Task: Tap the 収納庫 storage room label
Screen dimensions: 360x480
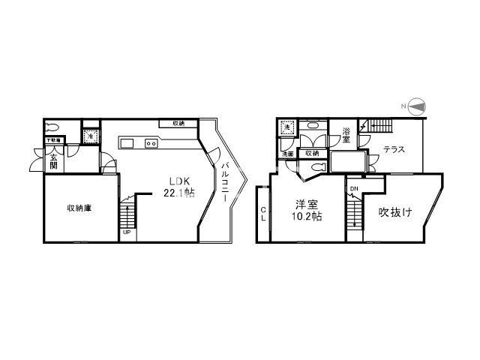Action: click(79, 208)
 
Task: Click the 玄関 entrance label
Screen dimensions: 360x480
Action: click(54, 161)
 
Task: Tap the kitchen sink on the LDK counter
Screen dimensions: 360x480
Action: click(125, 142)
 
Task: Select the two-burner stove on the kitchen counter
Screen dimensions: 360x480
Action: click(150, 142)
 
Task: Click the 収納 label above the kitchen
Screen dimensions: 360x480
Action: click(178, 123)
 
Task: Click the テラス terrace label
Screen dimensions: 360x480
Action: click(394, 149)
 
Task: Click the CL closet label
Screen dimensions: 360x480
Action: click(263, 214)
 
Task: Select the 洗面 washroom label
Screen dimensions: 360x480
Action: click(287, 154)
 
